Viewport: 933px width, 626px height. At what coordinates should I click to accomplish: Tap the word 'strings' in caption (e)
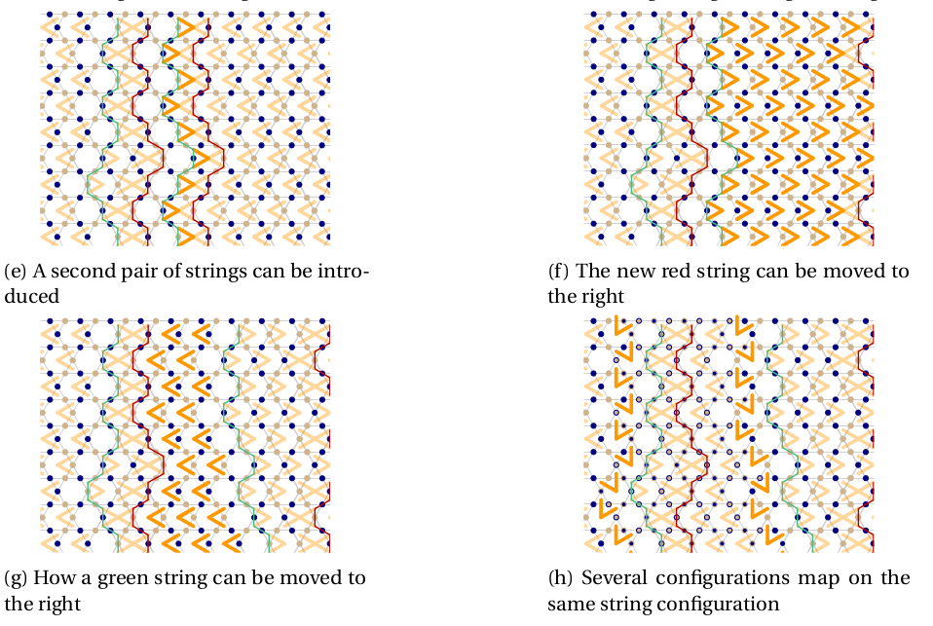(209, 271)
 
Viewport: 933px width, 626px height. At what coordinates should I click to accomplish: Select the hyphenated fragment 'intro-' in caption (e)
(342, 271)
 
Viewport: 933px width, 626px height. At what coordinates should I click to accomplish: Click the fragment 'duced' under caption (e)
(32, 295)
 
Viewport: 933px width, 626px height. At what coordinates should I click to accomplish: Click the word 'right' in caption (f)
(604, 295)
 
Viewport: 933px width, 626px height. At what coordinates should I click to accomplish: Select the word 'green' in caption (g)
(120, 578)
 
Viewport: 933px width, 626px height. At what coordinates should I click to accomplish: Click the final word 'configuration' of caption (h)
(724, 604)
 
